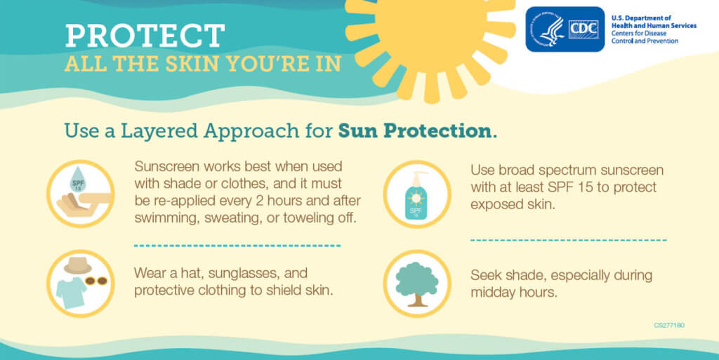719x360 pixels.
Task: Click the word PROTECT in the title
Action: tap(145, 36)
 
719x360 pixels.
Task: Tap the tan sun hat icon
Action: tap(78, 266)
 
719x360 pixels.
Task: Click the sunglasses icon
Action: tap(97, 281)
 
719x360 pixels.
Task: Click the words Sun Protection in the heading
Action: tap(414, 131)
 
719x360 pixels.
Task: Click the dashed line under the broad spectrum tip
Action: tap(568, 240)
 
